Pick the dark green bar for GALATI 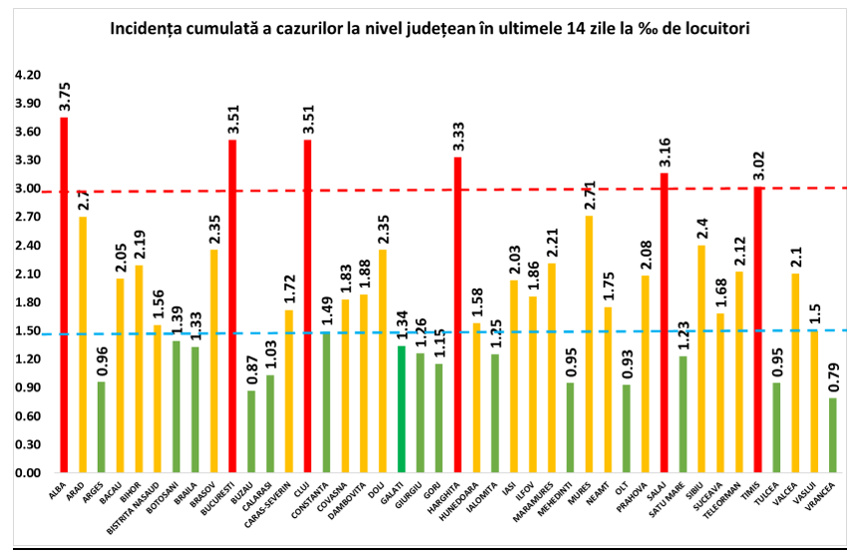tap(402, 408)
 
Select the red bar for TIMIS tap(758, 328)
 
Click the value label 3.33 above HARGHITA tap(458, 134)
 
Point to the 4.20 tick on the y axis tap(27, 76)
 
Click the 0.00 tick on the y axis tap(27, 473)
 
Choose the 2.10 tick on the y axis tap(27, 275)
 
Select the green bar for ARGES tap(101, 426)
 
